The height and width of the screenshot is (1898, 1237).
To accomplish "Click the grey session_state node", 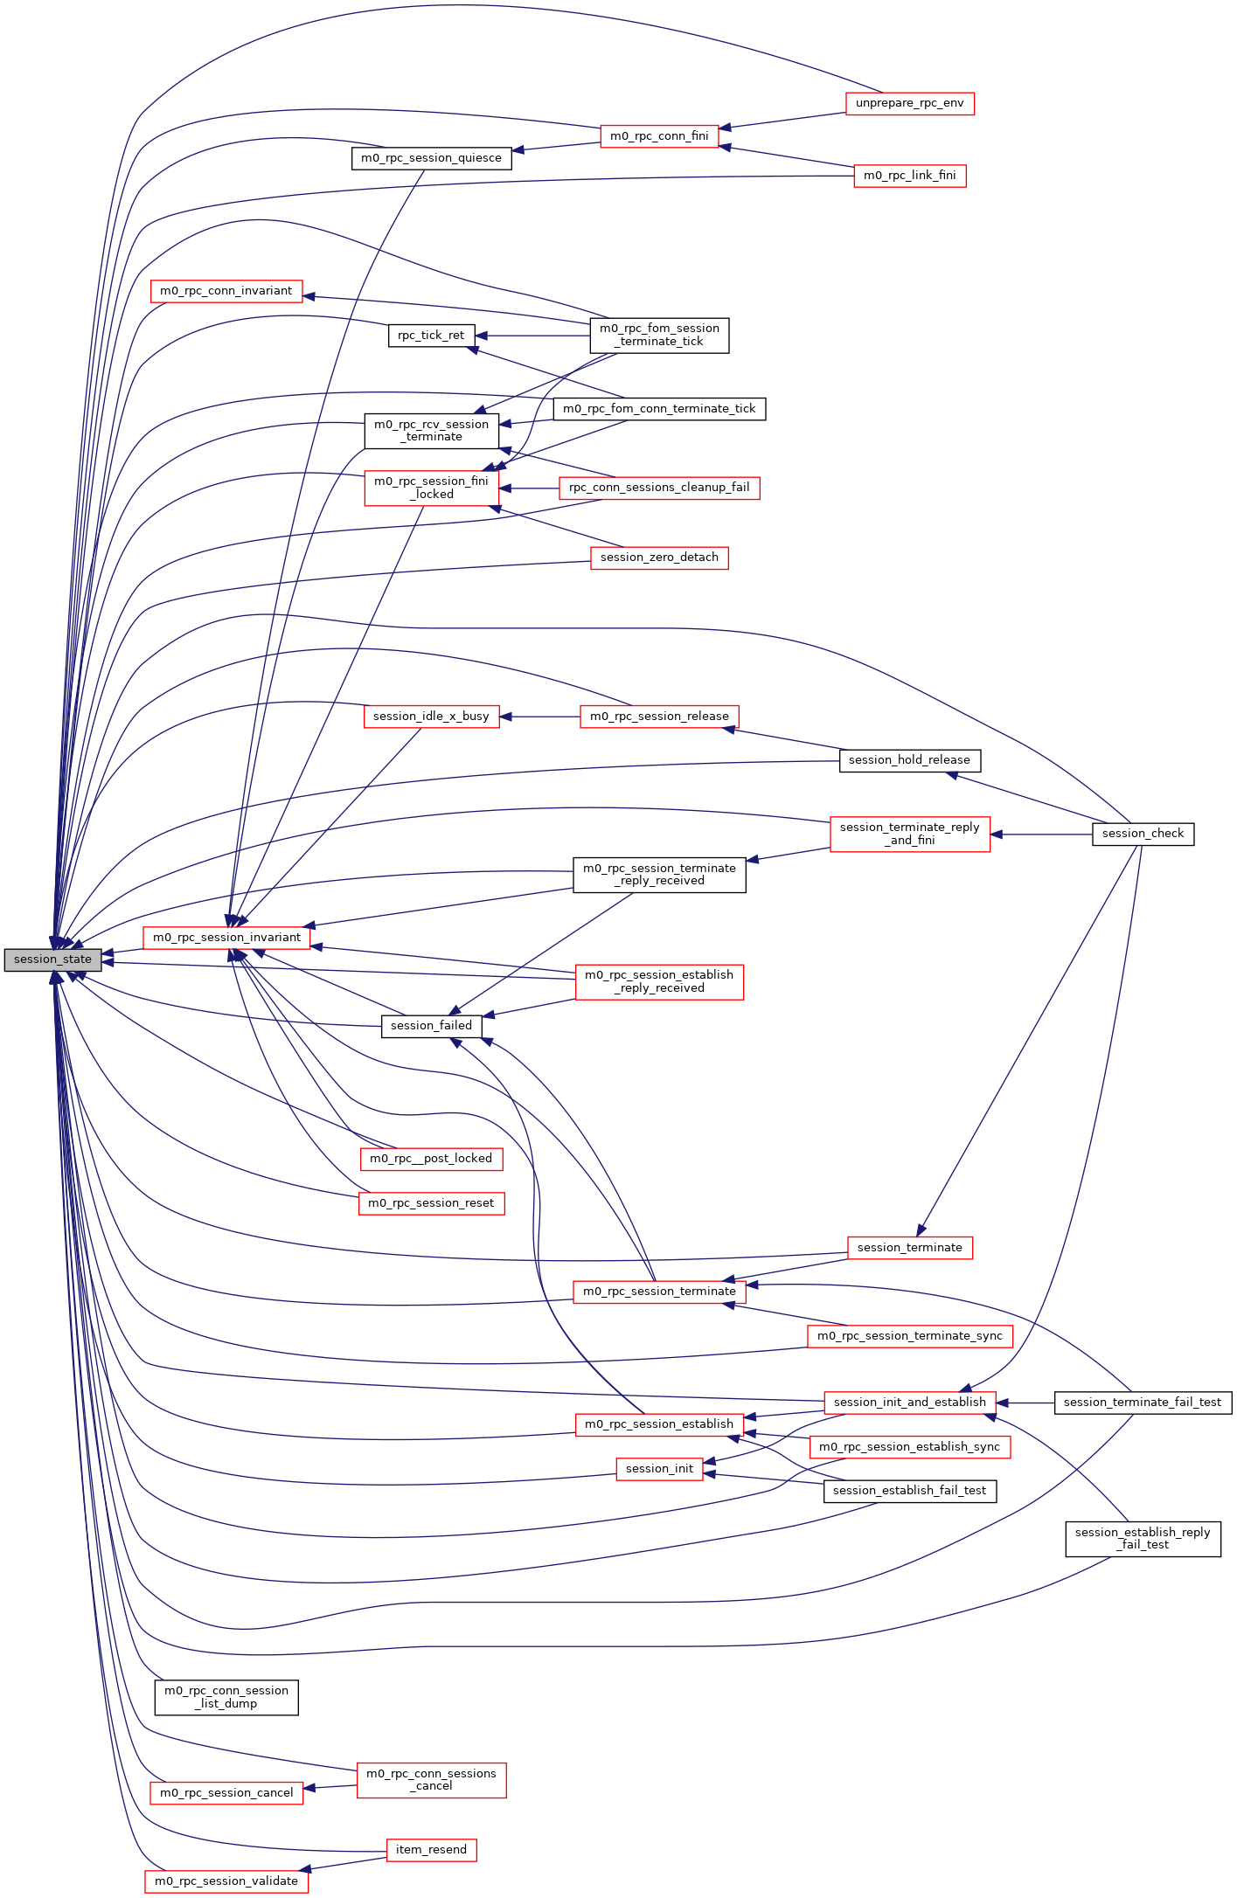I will pyautogui.click(x=52, y=959).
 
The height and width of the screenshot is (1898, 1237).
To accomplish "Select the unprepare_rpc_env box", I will pyautogui.click(x=909, y=103).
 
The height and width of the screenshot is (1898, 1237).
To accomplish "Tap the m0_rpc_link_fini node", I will pyautogui.click(x=909, y=176).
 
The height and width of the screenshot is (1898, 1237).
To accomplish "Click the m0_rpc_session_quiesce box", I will pyautogui.click(x=431, y=158).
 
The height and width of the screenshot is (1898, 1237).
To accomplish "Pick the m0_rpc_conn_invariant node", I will pyautogui.click(x=226, y=291).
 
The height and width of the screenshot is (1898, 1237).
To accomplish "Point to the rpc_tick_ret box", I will pyautogui.click(x=431, y=336).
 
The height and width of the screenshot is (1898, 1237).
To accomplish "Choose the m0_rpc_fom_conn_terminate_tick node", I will pyautogui.click(x=659, y=409).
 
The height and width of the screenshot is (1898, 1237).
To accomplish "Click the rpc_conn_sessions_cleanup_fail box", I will pyautogui.click(x=659, y=488).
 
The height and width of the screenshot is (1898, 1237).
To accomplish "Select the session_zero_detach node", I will pyautogui.click(x=659, y=558).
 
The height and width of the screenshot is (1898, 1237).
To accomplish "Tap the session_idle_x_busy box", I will pyautogui.click(x=431, y=717).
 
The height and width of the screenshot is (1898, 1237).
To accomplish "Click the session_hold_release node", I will pyautogui.click(x=909, y=760).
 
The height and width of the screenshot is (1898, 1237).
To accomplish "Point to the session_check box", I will pyautogui.click(x=1143, y=834).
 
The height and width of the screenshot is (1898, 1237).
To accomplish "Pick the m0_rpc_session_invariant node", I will pyautogui.click(x=226, y=938).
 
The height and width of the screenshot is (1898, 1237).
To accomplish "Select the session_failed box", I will pyautogui.click(x=431, y=1026).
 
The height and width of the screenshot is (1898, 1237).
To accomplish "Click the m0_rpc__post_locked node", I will pyautogui.click(x=431, y=1159).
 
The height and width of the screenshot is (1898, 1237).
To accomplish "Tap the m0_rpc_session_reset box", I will pyautogui.click(x=431, y=1203).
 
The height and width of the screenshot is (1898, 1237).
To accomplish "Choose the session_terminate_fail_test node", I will pyautogui.click(x=1143, y=1403).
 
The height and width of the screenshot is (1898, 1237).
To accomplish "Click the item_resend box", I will pyautogui.click(x=431, y=1850).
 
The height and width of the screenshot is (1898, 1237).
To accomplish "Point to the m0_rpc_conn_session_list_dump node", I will pyautogui.click(x=226, y=1697).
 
